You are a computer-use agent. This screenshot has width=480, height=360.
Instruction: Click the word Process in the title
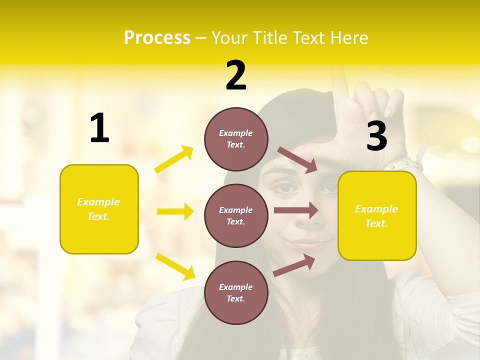[x=157, y=38]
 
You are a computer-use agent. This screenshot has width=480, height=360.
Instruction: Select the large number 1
[x=99, y=128]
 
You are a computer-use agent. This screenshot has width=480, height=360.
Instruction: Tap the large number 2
[x=236, y=75]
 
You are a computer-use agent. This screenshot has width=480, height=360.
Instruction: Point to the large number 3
[x=377, y=136]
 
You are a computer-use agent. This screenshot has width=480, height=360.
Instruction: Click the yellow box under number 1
[x=99, y=209]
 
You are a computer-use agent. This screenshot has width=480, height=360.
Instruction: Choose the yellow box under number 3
[x=377, y=215]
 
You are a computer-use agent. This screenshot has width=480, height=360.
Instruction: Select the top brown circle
[x=236, y=139]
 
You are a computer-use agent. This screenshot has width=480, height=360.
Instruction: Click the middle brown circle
[x=236, y=215]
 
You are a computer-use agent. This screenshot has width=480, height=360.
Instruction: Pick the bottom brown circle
[x=236, y=292]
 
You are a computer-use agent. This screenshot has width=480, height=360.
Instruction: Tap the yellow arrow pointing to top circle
[x=174, y=159]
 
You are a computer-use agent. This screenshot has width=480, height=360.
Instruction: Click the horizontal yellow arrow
[x=175, y=211]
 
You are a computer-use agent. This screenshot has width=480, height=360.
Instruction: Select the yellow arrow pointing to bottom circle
[x=175, y=266]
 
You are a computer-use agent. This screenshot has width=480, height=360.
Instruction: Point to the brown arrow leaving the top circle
[x=297, y=159]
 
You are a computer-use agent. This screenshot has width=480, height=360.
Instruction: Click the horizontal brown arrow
[x=296, y=210]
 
